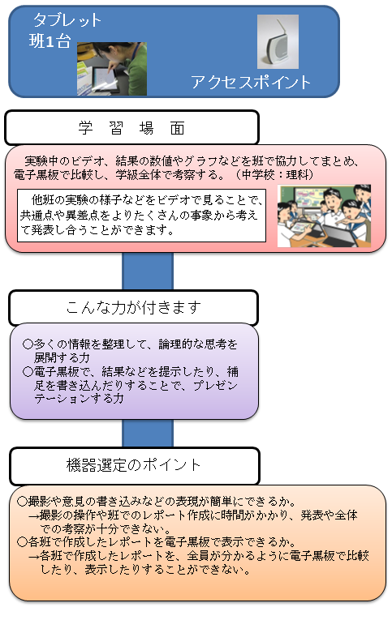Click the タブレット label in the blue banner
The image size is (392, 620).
[x=67, y=19]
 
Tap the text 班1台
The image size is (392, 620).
[x=50, y=41]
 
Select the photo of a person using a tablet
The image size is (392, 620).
[x=112, y=69]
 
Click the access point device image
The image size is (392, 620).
[x=278, y=42]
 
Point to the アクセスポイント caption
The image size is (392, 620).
[x=251, y=82]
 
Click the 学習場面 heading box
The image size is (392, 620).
[x=131, y=128]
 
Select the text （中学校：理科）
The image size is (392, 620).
[x=274, y=174]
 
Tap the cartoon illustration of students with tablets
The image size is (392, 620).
[x=324, y=216]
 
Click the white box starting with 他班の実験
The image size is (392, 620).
[x=141, y=215]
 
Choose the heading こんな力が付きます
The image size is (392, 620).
[x=133, y=307]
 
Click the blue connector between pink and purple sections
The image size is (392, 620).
[x=147, y=272]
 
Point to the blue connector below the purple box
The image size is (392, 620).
[x=147, y=433]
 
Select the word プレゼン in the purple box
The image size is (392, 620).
[x=215, y=385]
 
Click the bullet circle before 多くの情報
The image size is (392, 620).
[x=28, y=344]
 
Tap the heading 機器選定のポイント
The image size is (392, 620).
[x=133, y=465]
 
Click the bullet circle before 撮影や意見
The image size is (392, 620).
[x=22, y=502]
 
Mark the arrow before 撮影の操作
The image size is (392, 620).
[x=33, y=515]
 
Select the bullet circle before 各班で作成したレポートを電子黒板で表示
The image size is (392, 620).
[x=22, y=541]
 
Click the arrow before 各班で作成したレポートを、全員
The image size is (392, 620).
[x=33, y=556]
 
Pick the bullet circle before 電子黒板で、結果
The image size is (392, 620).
[x=28, y=371]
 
